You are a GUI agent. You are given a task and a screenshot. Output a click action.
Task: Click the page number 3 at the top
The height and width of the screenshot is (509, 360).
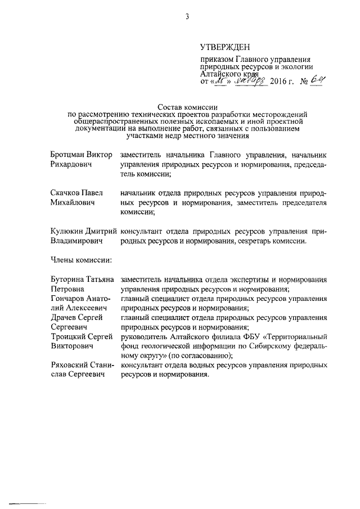click(x=187, y=16)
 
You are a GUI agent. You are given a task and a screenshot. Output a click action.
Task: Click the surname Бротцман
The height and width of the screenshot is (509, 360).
click(x=67, y=154)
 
